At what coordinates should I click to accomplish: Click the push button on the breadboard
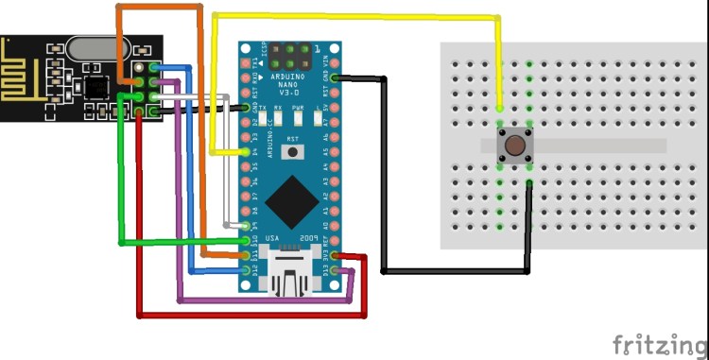tap(514, 146)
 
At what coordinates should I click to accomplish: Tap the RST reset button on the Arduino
tap(293, 150)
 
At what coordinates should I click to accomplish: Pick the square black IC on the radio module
tap(95, 87)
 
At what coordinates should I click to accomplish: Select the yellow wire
tap(359, 16)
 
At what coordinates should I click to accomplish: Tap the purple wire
tap(265, 301)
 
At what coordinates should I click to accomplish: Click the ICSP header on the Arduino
tap(293, 55)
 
